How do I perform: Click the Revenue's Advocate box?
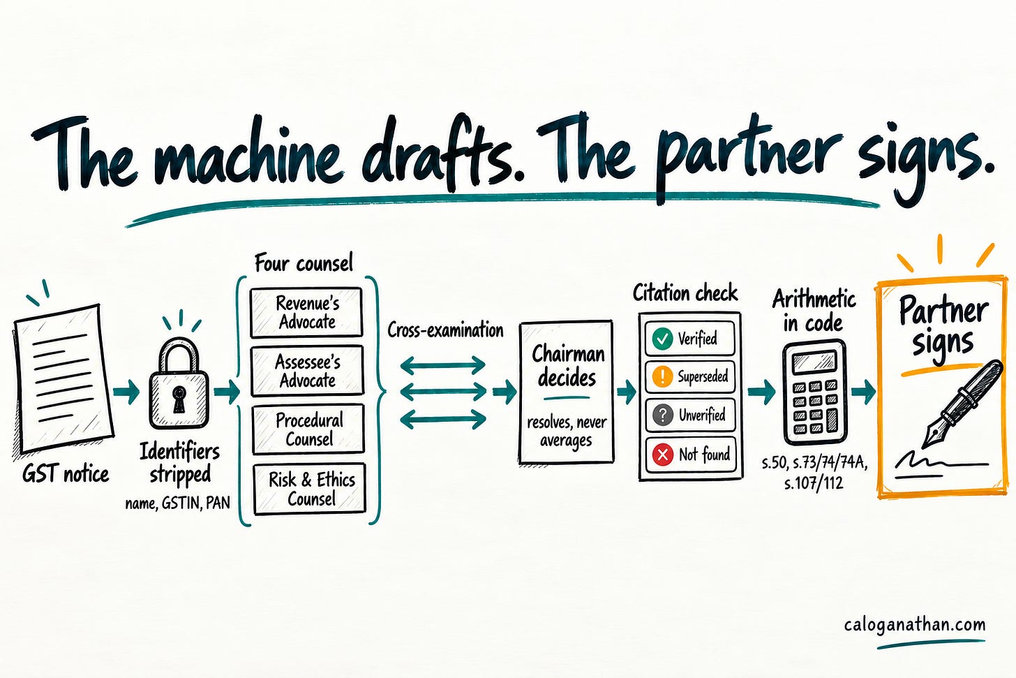(306, 313)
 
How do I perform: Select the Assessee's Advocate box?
(308, 371)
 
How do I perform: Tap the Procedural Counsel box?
(308, 429)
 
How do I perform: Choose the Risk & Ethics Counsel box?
(310, 489)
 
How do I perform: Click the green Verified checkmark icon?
(662, 339)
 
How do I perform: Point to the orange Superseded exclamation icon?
(663, 376)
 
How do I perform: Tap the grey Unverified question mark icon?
(663, 415)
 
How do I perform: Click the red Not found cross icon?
(663, 454)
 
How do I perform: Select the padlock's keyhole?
(179, 399)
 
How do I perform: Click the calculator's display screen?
(814, 362)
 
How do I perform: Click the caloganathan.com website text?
(915, 625)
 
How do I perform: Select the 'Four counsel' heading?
(304, 263)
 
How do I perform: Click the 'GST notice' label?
(66, 475)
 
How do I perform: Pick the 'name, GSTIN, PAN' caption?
(177, 503)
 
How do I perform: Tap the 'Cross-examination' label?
(445, 330)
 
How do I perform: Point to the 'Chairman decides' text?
(567, 365)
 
